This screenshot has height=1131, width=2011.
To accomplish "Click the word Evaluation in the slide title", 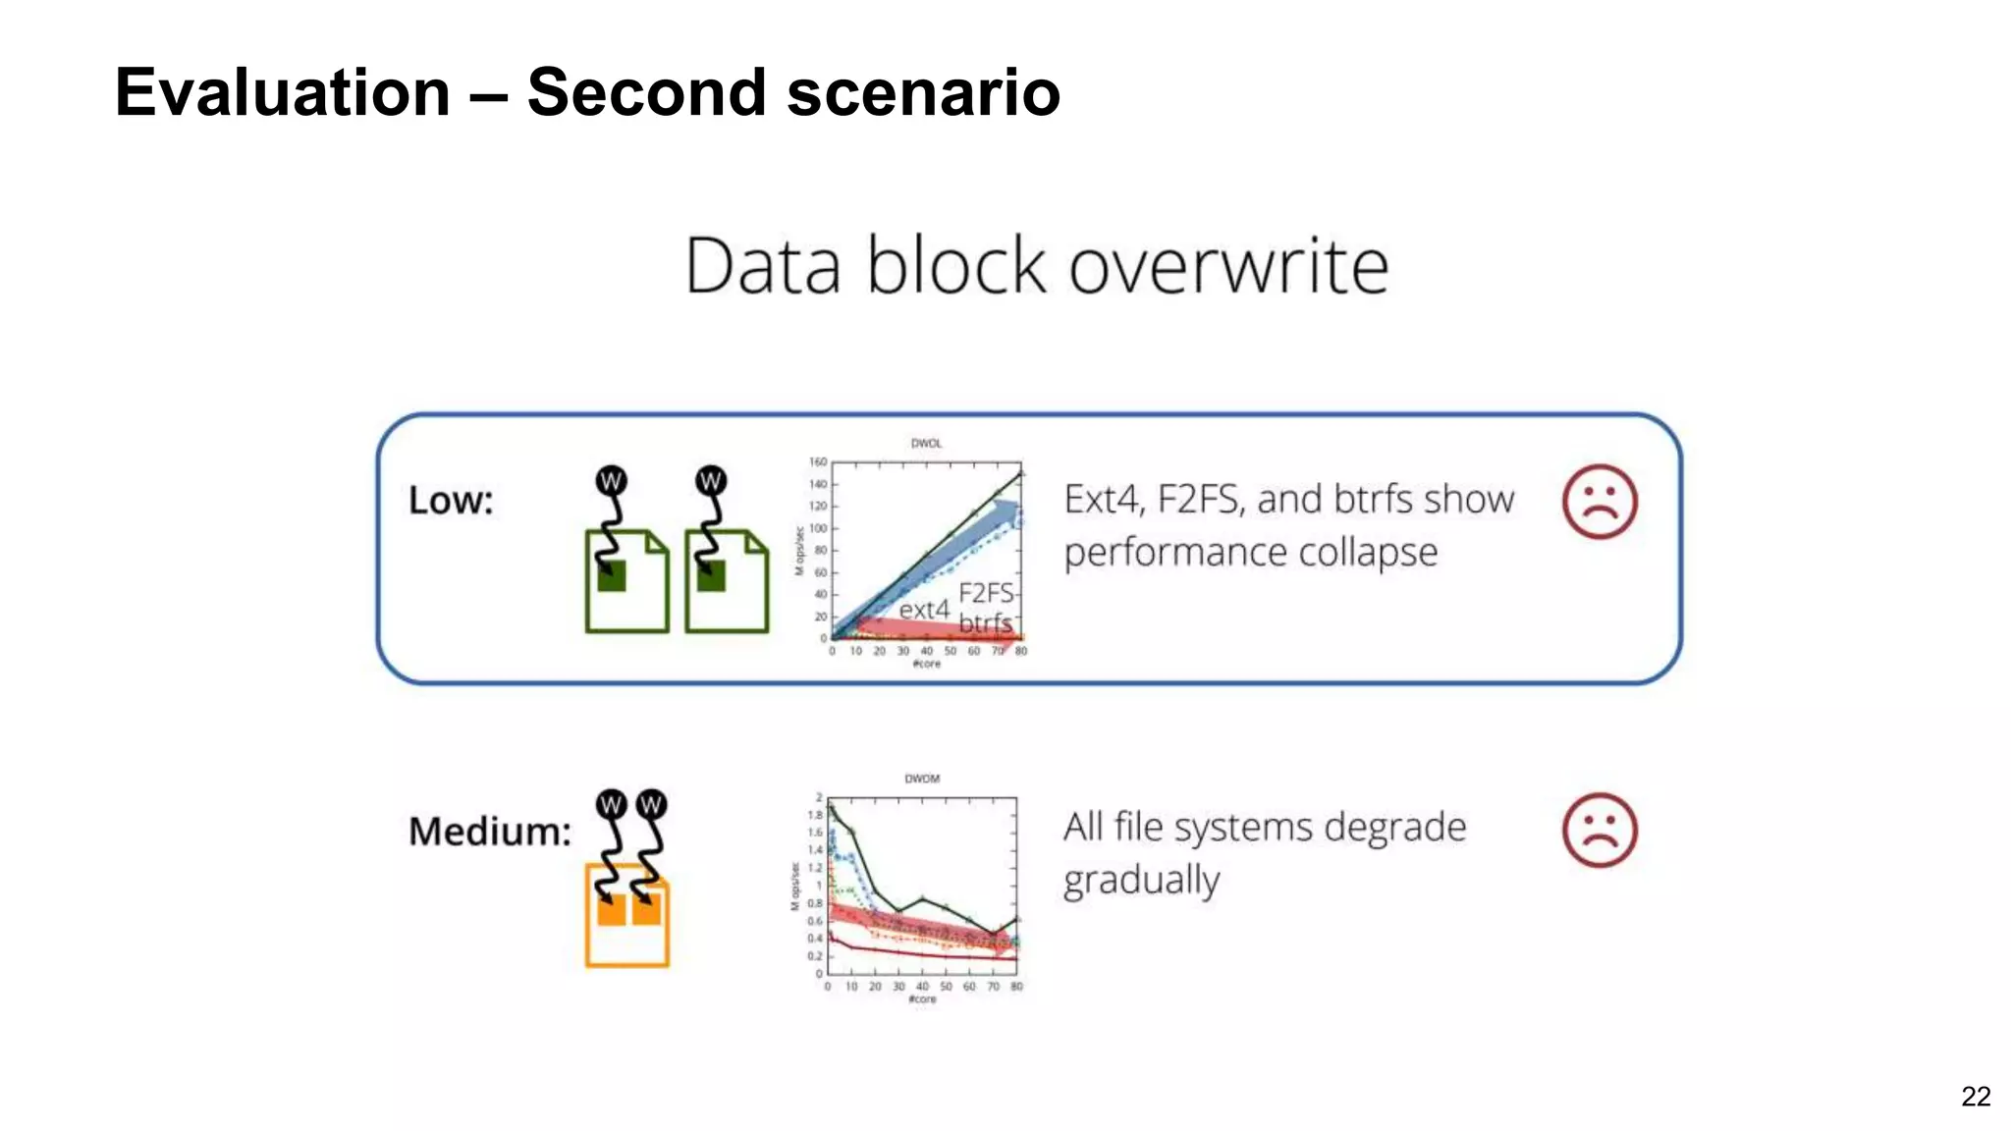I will click(282, 93).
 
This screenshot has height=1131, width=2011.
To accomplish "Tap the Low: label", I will click(451, 501).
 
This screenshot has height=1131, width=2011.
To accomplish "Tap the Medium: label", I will click(489, 832).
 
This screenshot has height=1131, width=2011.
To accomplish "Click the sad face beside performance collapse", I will click(1599, 502).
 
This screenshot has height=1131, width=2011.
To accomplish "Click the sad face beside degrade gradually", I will click(1599, 831).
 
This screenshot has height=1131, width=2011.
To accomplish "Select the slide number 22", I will click(1975, 1097).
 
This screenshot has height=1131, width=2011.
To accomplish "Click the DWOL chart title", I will click(926, 444).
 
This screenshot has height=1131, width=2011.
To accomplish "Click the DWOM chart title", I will click(921, 779).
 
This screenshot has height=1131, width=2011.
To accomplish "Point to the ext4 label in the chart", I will click(923, 610).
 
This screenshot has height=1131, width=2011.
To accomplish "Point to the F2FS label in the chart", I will click(985, 593).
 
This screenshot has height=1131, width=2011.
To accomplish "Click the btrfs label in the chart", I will click(984, 622).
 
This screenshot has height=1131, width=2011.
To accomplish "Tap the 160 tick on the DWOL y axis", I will click(817, 461).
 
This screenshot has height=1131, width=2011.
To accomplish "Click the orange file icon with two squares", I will click(626, 915).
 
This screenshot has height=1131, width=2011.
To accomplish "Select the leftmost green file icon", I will click(626, 581).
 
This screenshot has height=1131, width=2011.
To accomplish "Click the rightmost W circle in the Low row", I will click(710, 481).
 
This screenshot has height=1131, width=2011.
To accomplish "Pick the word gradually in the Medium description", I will click(1141, 881).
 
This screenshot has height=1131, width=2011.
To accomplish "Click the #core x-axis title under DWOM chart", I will click(922, 999).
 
